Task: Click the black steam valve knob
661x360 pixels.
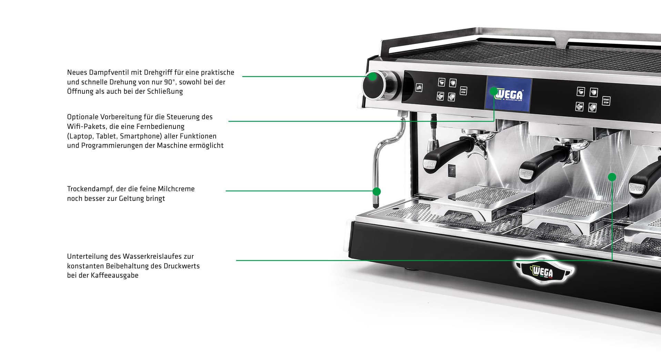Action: [375, 85]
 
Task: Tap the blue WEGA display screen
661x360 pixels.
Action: [509, 94]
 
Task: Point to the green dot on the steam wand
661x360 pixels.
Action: [377, 191]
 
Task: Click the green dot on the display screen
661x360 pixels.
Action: [494, 91]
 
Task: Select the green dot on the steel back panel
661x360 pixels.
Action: [612, 177]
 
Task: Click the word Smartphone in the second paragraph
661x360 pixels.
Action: [141, 136]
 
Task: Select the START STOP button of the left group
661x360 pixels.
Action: [463, 91]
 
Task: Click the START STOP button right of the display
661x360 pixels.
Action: [606, 101]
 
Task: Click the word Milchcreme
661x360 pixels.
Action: [176, 189]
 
